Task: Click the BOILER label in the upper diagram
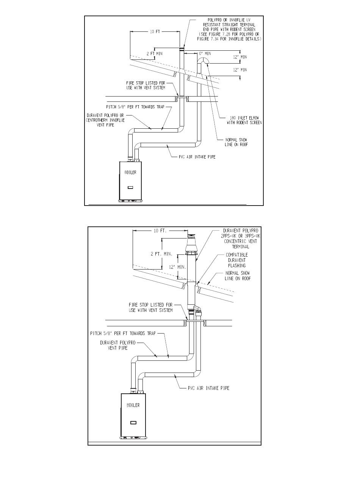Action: pos(130,172)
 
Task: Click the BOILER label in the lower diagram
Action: pos(133,405)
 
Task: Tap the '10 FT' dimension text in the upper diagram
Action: pos(155,32)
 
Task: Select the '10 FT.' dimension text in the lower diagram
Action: pos(160,231)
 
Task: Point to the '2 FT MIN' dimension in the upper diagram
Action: pos(155,53)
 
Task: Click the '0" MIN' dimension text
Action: pos(205,53)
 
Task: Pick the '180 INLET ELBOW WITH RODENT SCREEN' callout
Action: pos(244,120)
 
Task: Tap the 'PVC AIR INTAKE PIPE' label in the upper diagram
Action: pos(197,157)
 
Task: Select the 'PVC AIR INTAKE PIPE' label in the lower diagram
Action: pos(208,388)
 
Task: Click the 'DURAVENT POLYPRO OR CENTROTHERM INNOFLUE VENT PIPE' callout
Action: pos(105,120)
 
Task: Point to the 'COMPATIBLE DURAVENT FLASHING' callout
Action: pos(237,260)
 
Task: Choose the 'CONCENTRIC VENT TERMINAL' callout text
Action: pos(241,244)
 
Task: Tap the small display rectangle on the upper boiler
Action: pos(130,187)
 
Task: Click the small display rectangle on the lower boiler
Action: pos(133,422)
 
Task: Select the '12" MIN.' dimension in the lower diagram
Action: pos(178,267)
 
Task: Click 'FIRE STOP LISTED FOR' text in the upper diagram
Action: pos(146,83)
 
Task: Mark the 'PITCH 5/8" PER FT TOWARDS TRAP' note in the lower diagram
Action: pos(123,333)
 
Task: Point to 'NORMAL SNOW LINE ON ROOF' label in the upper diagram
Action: pos(236,142)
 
